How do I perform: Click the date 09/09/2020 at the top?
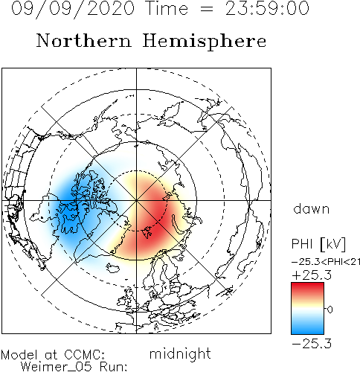pyautogui.click(x=73, y=9)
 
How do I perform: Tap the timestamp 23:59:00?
pyautogui.click(x=267, y=8)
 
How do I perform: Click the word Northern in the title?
pyautogui.click(x=84, y=41)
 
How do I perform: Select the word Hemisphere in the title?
pyautogui.click(x=205, y=41)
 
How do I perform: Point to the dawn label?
pyautogui.click(x=312, y=209)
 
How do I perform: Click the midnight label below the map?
pyautogui.click(x=180, y=353)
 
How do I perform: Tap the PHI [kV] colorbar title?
pyautogui.click(x=318, y=244)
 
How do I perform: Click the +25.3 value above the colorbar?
pyautogui.click(x=312, y=275)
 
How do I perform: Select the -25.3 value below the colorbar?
pyautogui.click(x=312, y=344)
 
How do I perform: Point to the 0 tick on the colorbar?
pyautogui.click(x=330, y=310)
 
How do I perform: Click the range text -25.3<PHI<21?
pyautogui.click(x=326, y=262)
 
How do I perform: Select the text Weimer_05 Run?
pyautogui.click(x=74, y=367)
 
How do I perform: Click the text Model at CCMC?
pyautogui.click(x=53, y=355)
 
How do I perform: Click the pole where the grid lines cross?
pyautogui.click(x=136, y=200)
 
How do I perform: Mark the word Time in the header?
pyautogui.click(x=167, y=8)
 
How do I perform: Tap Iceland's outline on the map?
pyautogui.click(x=113, y=268)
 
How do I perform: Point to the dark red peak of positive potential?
pyautogui.click(x=155, y=218)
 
